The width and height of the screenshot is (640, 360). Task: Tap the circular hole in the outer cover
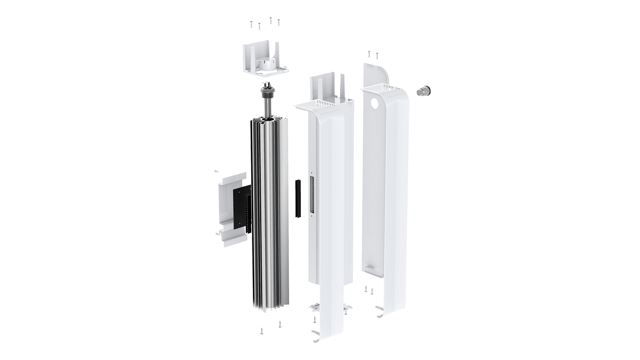375,103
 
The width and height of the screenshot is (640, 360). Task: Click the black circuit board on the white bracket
241,208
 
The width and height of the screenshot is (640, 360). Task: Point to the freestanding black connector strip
298,199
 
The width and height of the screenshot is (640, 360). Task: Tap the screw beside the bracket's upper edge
216,171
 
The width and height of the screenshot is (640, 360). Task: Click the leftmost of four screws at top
251,24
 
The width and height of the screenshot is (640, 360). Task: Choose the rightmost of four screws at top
278,21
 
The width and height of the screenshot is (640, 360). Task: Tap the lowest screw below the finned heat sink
261,331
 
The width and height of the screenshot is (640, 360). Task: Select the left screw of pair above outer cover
369,54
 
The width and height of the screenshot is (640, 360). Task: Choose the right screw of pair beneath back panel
372,291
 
